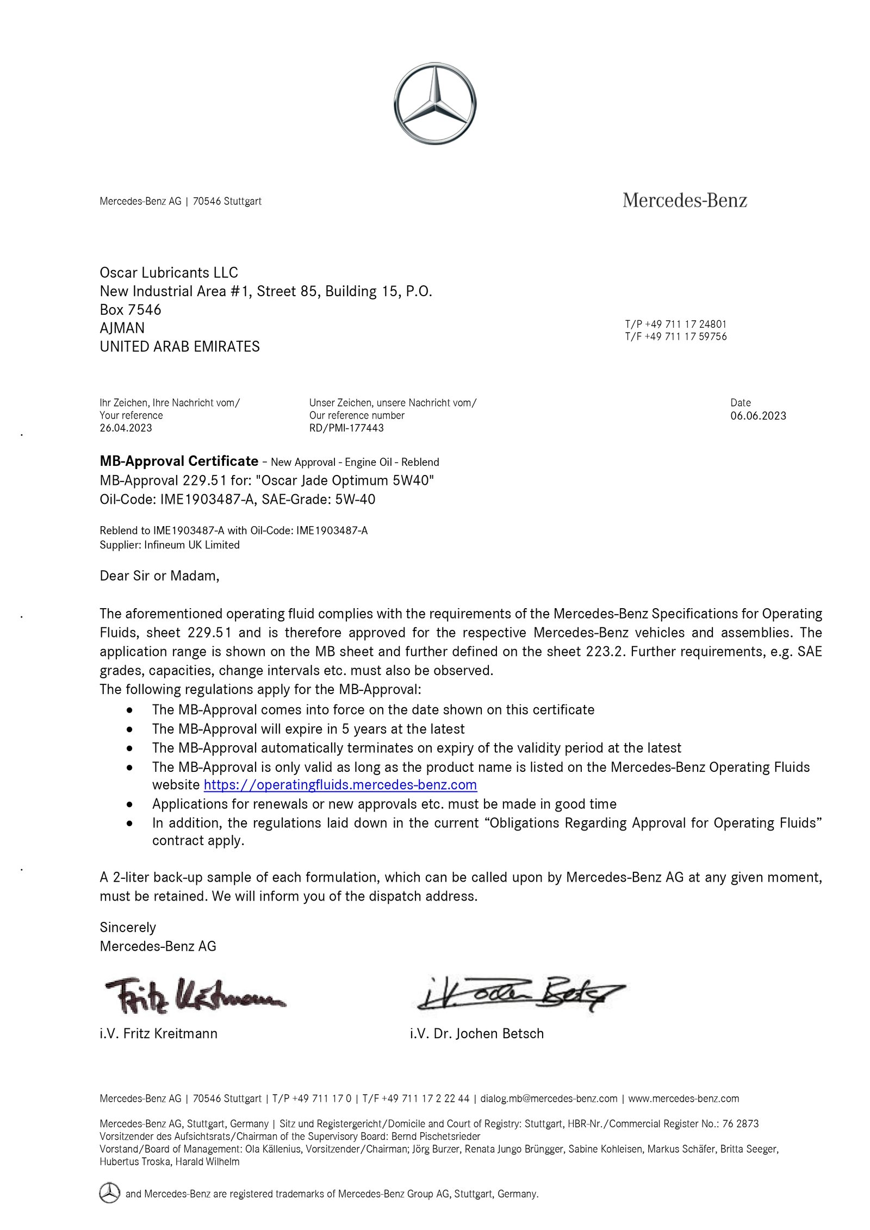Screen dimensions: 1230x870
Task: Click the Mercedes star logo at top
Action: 434,104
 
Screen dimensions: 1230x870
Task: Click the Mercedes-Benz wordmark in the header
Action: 685,201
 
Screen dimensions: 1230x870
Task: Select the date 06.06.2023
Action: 758,416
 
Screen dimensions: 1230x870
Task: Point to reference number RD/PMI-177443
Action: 346,428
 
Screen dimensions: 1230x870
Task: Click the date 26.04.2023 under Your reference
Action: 126,428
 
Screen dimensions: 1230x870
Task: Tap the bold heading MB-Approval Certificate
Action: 179,461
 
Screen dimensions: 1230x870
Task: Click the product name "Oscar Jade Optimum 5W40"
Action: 345,480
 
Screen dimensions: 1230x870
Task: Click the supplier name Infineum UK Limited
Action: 191,545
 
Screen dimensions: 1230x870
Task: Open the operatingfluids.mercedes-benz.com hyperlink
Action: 340,785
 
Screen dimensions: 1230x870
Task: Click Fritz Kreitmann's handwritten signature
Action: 196,996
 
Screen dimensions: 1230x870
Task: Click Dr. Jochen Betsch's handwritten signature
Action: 519,994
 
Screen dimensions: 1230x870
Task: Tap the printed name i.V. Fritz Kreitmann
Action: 158,1033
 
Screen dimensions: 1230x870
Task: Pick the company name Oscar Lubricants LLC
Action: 169,272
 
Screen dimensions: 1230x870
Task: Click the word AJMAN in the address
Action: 122,328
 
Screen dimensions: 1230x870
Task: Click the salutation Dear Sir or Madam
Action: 159,576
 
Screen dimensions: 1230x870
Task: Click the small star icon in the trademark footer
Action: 109,1194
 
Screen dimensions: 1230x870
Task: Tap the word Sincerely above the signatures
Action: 128,927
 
